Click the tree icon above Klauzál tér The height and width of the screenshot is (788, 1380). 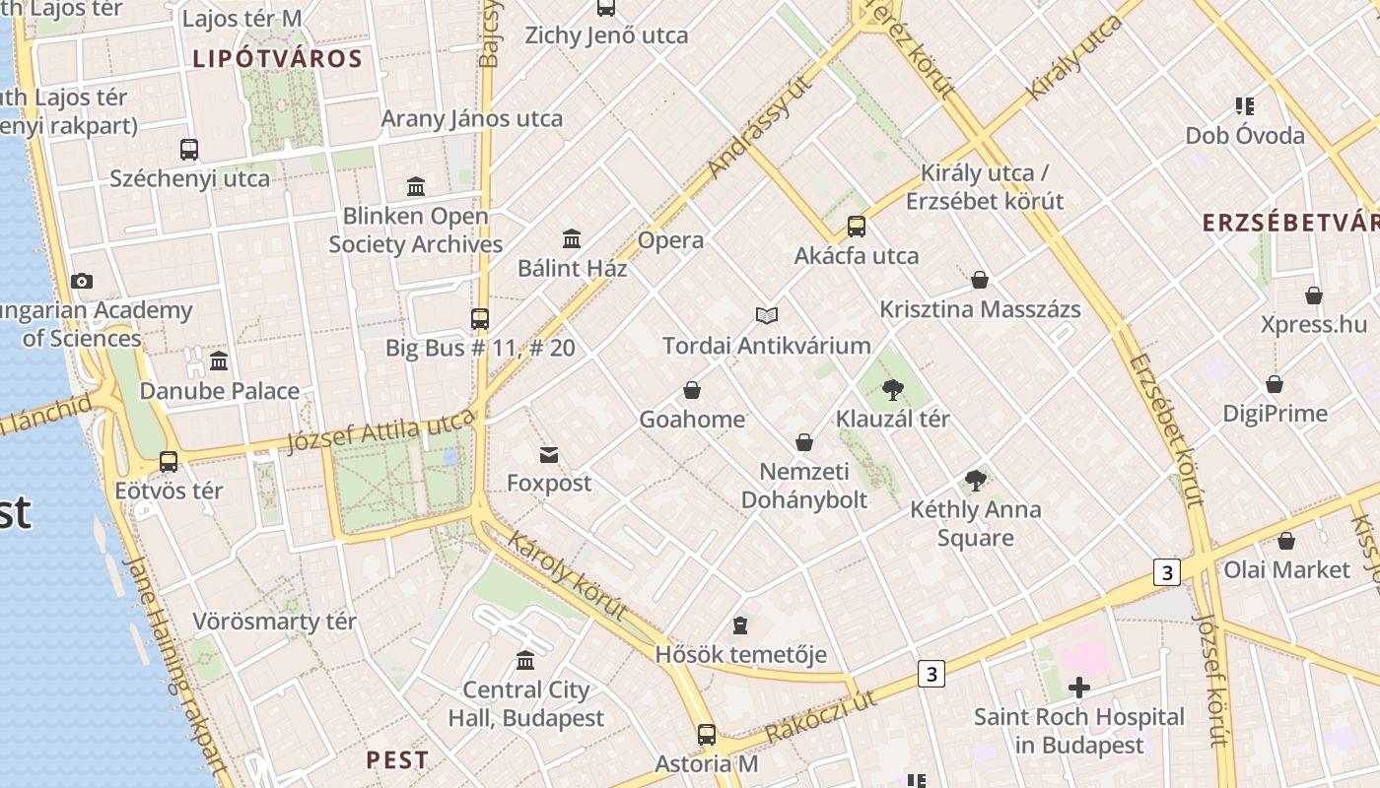tap(893, 389)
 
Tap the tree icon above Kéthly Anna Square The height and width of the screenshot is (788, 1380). tap(976, 481)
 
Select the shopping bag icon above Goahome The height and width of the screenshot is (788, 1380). tap(692, 390)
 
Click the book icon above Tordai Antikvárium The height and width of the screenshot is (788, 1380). tap(767, 315)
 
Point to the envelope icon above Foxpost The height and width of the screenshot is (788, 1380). tap(549, 454)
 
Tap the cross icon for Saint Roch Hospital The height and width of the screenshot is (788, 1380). tap(1079, 687)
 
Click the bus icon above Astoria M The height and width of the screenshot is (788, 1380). tap(707, 734)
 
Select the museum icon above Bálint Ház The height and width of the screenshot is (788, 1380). tap(572, 238)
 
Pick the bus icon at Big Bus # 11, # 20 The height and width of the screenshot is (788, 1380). tap(480, 318)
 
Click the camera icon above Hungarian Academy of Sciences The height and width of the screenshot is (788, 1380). tap(82, 282)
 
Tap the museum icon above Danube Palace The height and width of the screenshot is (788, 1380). tap(219, 361)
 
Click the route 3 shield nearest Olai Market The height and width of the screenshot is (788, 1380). tap(1167, 572)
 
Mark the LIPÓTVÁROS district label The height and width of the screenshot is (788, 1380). tap(278, 59)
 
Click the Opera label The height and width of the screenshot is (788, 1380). tap(670, 240)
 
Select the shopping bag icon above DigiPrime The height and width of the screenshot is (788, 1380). tap(1275, 384)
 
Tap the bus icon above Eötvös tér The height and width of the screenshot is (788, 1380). tap(169, 461)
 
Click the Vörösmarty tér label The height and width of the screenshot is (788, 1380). tap(274, 622)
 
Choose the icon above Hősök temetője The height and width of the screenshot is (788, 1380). tap(740, 625)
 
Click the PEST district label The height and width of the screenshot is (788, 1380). tap(397, 759)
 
